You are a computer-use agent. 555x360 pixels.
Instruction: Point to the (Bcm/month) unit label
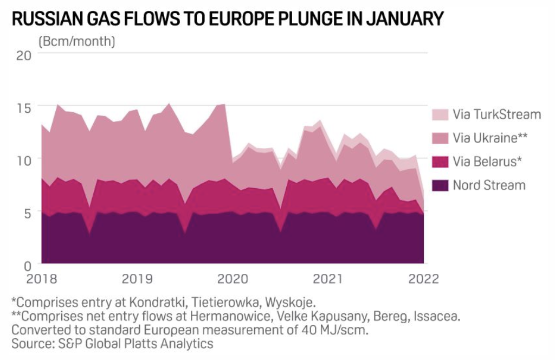(x=76, y=41)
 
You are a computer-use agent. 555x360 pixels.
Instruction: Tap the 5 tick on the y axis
(x=27, y=211)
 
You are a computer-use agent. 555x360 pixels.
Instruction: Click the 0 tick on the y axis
(x=27, y=264)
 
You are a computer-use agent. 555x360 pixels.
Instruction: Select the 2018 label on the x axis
(x=41, y=279)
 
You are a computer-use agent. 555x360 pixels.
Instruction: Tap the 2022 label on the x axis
(x=423, y=279)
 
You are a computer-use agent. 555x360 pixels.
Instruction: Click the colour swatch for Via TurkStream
(x=440, y=114)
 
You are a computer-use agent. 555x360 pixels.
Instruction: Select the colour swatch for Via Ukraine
(x=440, y=138)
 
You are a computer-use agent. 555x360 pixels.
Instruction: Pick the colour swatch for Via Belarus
(x=440, y=162)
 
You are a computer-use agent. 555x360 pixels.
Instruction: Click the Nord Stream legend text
(x=489, y=185)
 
